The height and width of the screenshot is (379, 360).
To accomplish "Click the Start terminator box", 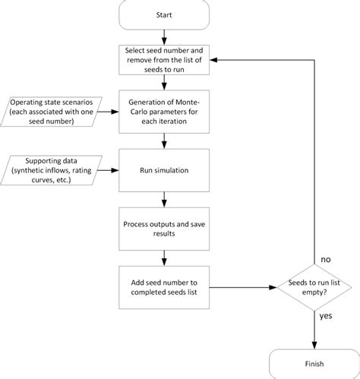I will [163, 14].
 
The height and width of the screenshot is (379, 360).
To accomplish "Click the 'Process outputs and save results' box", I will [163, 229].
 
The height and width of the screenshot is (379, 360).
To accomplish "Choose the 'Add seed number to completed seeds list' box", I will [163, 288].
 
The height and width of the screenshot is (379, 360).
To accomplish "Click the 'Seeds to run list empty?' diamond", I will [312, 288].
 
